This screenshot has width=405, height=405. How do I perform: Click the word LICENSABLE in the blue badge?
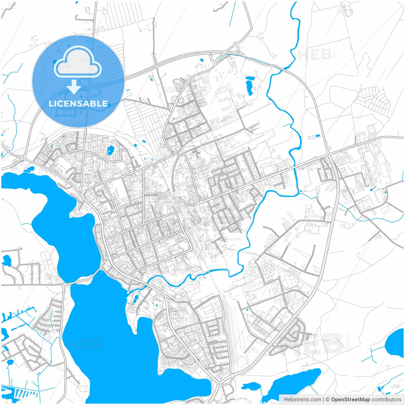78,103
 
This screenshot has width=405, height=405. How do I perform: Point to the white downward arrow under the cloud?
74,87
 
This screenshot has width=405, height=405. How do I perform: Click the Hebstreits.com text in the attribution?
302,400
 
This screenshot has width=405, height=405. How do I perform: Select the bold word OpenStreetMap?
351,400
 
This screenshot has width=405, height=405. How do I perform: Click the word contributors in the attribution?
386,400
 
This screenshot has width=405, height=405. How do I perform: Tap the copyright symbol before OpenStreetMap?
328,400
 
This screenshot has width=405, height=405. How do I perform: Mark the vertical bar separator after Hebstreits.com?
323,400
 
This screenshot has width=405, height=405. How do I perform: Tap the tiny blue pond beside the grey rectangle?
317,136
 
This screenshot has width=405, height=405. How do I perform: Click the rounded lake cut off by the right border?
396,343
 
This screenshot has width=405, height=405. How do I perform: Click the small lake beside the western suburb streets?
6,260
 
